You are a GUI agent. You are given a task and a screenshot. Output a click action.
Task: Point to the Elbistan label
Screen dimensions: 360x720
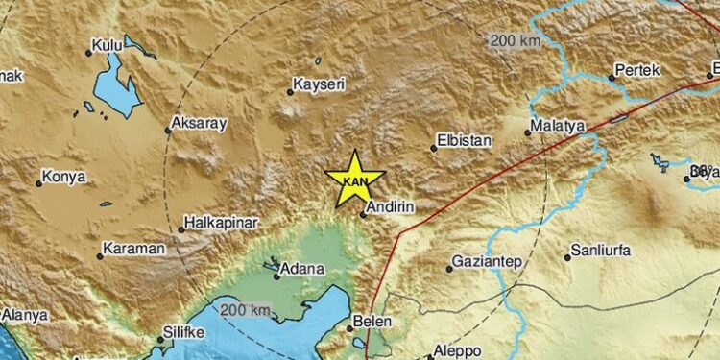[465, 140]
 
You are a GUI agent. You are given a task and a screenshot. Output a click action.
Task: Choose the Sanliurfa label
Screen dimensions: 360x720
[601, 252]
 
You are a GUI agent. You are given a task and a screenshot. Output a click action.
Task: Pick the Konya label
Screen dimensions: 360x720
[65, 177]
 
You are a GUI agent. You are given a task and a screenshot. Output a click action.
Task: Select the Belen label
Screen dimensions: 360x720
[371, 322]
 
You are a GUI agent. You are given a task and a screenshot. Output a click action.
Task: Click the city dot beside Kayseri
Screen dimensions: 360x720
[291, 92]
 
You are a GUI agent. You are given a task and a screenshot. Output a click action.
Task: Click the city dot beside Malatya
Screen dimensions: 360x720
[529, 132]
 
